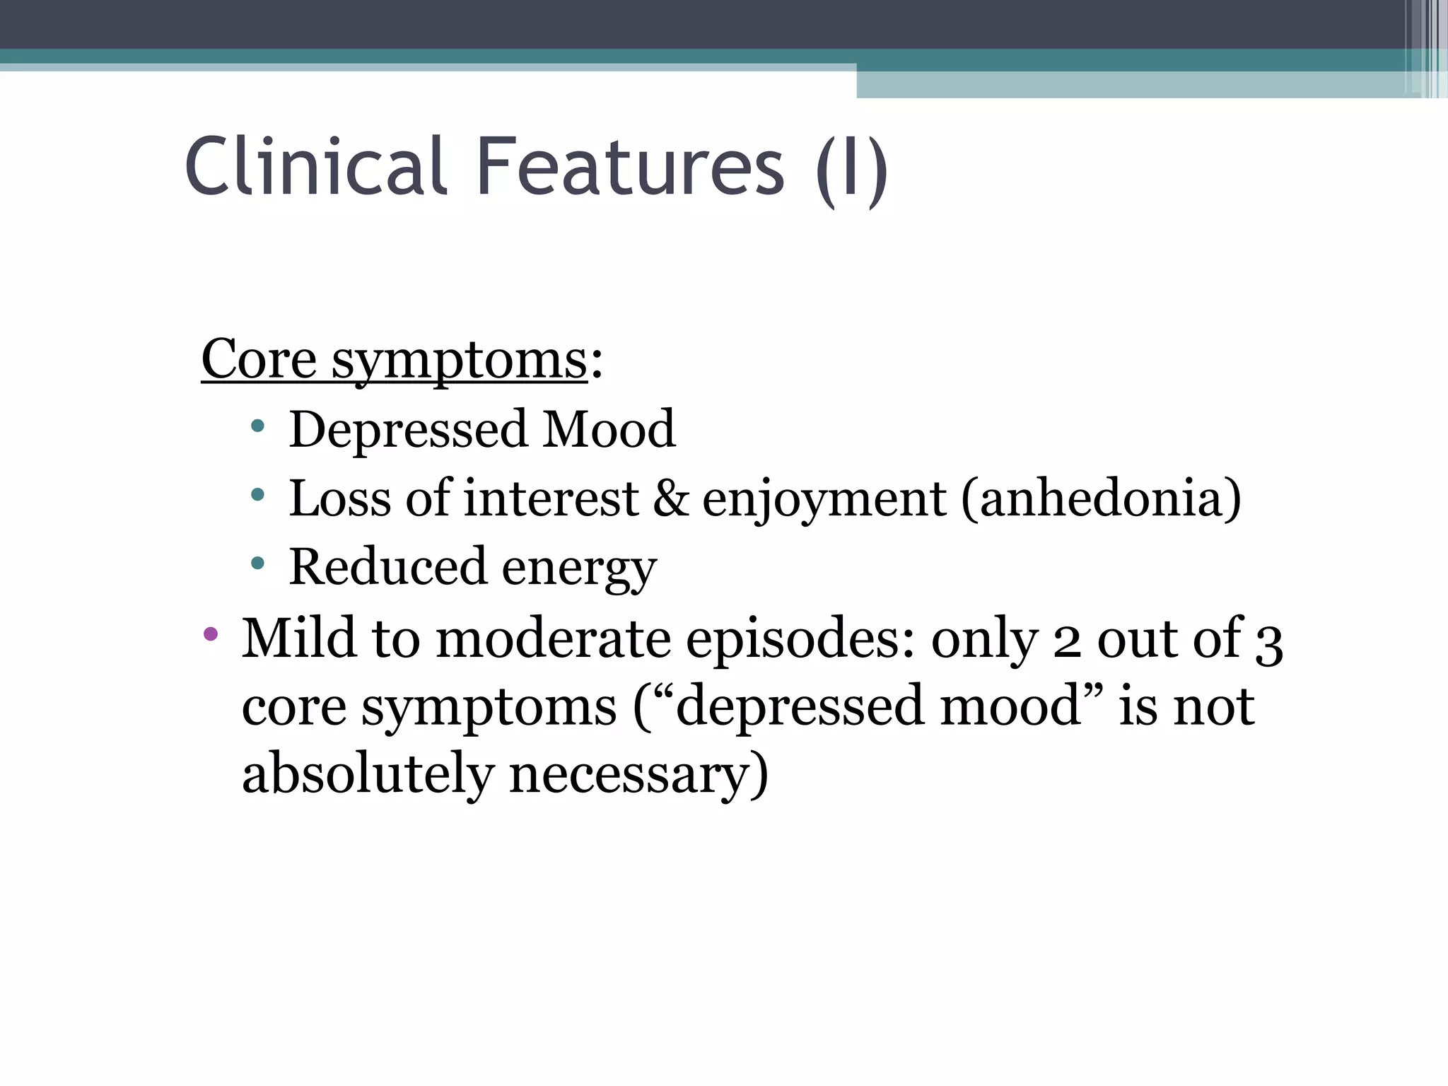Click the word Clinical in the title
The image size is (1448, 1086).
[x=316, y=167]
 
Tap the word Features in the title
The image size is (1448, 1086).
[x=631, y=167]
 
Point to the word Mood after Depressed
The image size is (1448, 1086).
[x=609, y=429]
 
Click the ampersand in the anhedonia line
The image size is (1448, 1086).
[x=670, y=498]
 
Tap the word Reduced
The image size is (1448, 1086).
[x=387, y=566]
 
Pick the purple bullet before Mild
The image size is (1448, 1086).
[x=210, y=633]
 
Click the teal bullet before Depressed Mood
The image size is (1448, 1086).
[x=257, y=426]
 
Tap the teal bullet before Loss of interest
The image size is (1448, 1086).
[x=257, y=495]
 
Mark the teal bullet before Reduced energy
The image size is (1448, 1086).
[x=257, y=564]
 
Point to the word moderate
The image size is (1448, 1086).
[x=553, y=638]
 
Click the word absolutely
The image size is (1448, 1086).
[x=367, y=773]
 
